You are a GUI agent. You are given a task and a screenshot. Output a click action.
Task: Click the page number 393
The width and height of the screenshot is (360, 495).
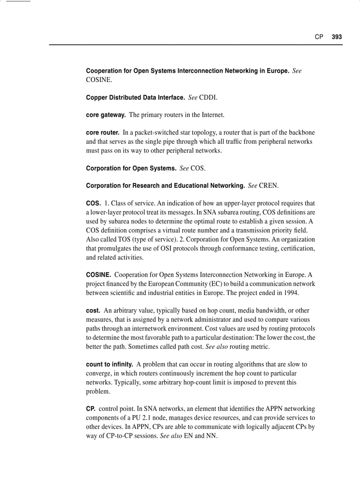pyautogui.click(x=337, y=37)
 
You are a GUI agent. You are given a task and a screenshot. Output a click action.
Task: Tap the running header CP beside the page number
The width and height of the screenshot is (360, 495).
pyautogui.click(x=319, y=37)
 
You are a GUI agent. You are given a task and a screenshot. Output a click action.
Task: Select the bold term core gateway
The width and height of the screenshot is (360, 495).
pyautogui.click(x=105, y=115)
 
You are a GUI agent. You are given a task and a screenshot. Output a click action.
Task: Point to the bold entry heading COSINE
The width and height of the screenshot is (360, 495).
pyautogui.click(x=98, y=275)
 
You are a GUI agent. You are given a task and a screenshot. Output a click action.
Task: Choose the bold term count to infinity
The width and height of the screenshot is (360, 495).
pyautogui.click(x=109, y=365)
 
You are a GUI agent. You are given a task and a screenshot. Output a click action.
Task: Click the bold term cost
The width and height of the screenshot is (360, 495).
pyautogui.click(x=93, y=311)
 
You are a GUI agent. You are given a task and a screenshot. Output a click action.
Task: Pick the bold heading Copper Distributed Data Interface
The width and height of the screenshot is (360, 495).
pyautogui.click(x=135, y=97)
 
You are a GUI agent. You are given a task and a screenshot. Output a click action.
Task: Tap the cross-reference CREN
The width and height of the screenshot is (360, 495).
pyautogui.click(x=269, y=186)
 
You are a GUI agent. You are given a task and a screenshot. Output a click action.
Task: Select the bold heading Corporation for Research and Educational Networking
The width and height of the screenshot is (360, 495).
pyautogui.click(x=165, y=186)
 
